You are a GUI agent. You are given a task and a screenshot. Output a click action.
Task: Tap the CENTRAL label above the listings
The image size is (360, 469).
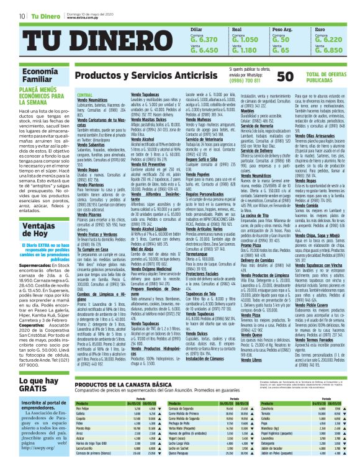pyautogui.click(x=84, y=94)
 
